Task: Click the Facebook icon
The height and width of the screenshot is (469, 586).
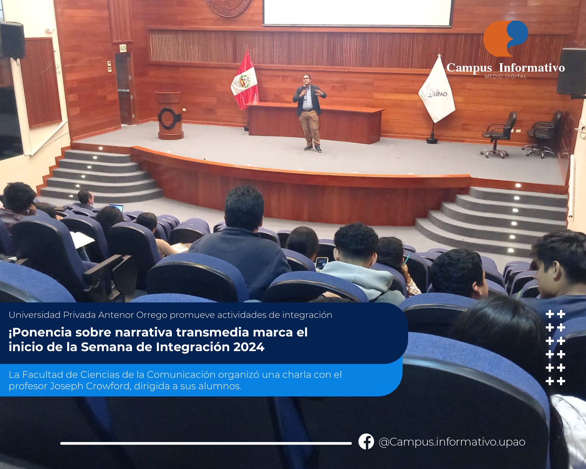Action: [x=366, y=442]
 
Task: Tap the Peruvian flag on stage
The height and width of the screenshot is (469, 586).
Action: [x=244, y=81]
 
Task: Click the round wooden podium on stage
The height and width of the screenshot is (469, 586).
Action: [x=169, y=115]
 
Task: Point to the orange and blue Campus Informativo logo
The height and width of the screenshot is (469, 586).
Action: [x=506, y=38]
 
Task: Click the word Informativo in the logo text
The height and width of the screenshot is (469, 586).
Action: [x=532, y=67]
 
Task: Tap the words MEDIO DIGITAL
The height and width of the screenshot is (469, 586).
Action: [x=506, y=77]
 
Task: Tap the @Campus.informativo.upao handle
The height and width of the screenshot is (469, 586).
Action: [x=452, y=442]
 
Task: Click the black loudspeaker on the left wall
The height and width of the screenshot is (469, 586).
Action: [x=12, y=40]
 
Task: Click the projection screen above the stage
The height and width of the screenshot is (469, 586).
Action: [x=357, y=12]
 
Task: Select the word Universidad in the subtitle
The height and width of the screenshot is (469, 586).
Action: [x=35, y=315]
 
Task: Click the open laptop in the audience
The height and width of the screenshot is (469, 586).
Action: [x=116, y=207]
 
